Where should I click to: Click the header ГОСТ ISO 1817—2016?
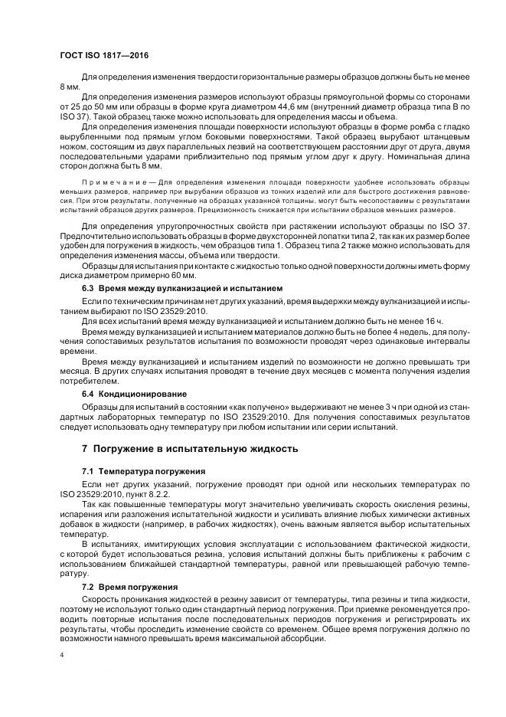pyautogui.click(x=105, y=56)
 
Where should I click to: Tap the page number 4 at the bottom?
pyautogui.click(x=61, y=656)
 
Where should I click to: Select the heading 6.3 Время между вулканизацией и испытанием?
pyautogui.click(x=182, y=288)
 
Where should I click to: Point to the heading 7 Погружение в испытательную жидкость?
pyautogui.click(x=179, y=448)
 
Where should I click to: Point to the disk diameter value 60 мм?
pyautogui.click(x=184, y=275)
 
